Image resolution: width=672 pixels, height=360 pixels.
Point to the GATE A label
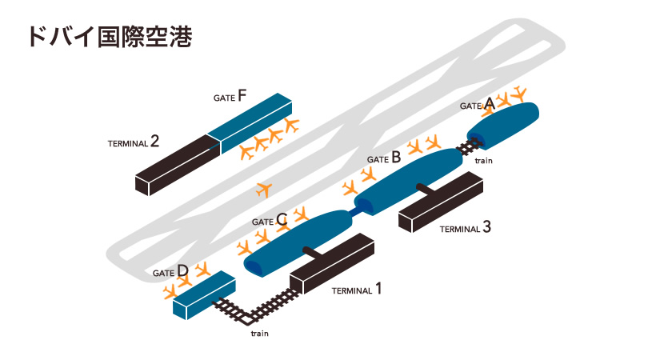click(x=478, y=104)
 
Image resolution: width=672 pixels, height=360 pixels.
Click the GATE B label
click(x=384, y=158)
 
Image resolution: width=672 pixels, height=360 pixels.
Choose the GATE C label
click(x=270, y=220)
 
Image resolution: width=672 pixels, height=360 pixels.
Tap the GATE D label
click(x=171, y=271)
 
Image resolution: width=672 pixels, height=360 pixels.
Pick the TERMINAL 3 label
click(x=465, y=227)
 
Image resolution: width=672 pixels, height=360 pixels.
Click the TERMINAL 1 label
click(x=356, y=290)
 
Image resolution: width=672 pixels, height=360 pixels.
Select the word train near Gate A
click(x=483, y=161)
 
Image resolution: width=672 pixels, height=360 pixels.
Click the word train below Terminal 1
click(x=259, y=333)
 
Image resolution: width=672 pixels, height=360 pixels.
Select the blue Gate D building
click(x=203, y=294)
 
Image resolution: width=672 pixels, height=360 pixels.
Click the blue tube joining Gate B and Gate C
click(x=353, y=210)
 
